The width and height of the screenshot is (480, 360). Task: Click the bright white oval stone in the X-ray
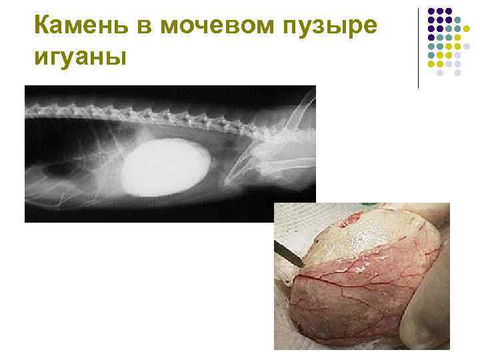166,167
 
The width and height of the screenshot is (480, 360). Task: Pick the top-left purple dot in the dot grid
431,11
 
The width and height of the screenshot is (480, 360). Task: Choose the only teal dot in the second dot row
457,20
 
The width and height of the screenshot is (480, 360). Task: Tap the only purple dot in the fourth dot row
431,38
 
